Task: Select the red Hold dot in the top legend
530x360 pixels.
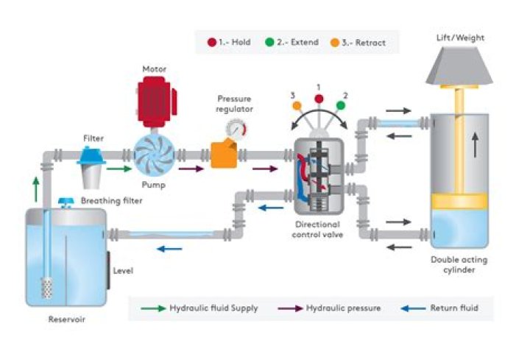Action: click(x=212, y=42)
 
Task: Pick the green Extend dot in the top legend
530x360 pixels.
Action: click(x=270, y=42)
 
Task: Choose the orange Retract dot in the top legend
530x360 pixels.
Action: click(x=333, y=42)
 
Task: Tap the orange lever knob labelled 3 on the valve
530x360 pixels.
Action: click(x=297, y=105)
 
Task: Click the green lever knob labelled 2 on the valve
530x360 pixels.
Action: click(x=341, y=105)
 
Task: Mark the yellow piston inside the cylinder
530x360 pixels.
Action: click(x=459, y=202)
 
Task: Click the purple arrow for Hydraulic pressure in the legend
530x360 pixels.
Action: click(x=289, y=308)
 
